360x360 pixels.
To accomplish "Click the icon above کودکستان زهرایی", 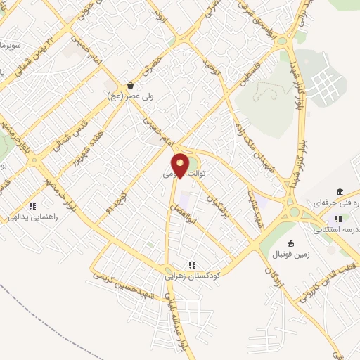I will pyautogui.click(x=191, y=266).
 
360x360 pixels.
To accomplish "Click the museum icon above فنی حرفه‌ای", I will pyautogui.click(x=340, y=193).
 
